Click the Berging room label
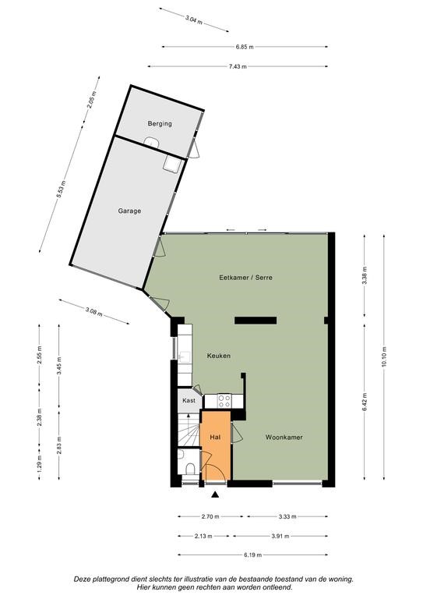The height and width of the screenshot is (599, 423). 160,124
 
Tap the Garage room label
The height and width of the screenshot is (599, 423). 129,211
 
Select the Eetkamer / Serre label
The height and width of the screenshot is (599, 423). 245,278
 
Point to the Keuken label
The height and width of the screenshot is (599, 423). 219,356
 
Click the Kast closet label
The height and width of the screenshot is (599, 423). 189,400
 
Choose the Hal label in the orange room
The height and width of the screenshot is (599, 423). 215,437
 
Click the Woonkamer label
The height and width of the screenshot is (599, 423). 284,437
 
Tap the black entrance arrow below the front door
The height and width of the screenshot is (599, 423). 216,494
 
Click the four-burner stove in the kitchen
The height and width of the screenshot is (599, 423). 224,401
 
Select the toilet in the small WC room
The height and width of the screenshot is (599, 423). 189,468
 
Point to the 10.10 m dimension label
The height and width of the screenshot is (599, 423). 384,356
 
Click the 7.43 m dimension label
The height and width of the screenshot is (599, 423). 238,66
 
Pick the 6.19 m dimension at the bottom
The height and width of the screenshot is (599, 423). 252,555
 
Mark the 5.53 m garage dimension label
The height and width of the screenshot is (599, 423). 61,189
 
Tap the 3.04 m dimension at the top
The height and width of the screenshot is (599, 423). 194,19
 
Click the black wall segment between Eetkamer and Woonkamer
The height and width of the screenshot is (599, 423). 256,321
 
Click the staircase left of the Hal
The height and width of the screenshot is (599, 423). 189,430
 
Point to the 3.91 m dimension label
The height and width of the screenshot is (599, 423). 280,536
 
